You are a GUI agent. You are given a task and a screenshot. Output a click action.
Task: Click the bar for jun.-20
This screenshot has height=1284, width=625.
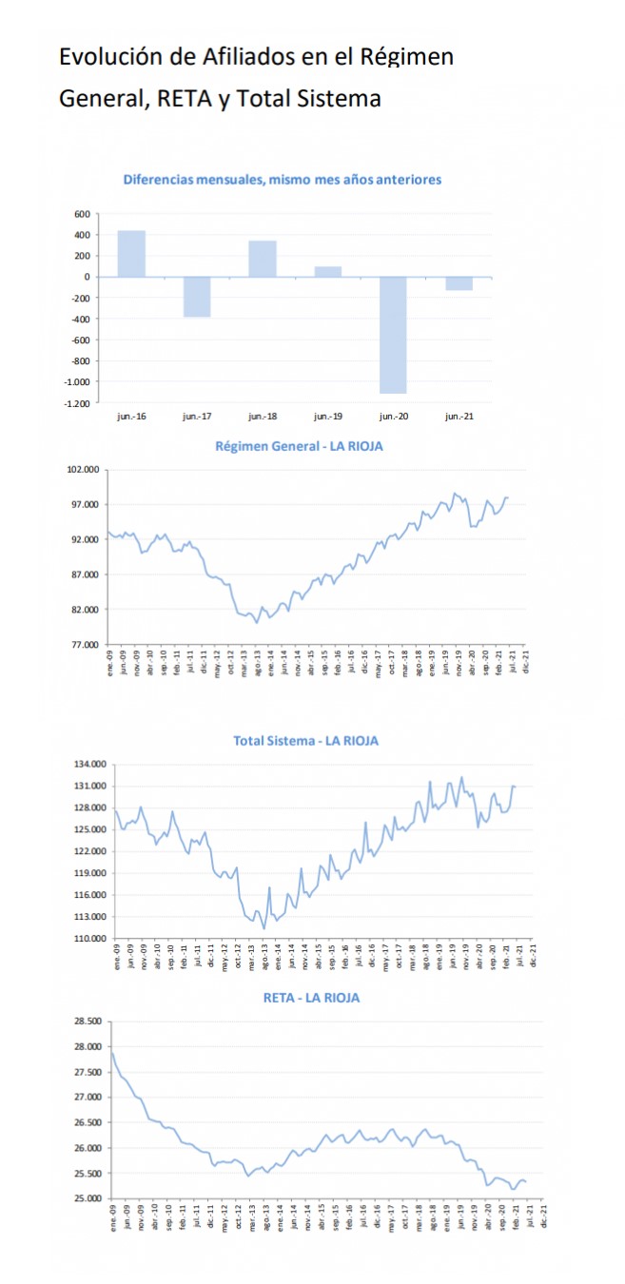(x=393, y=335)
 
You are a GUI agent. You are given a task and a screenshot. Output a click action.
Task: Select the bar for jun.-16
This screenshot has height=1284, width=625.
(x=131, y=254)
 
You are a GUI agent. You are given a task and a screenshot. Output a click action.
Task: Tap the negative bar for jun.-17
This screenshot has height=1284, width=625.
(x=197, y=297)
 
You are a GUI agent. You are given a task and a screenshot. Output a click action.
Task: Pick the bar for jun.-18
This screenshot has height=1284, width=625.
(x=263, y=259)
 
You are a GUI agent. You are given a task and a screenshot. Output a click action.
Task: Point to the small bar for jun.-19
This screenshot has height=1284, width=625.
(x=327, y=272)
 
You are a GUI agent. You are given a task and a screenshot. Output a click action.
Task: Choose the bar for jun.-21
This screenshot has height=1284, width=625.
(x=459, y=283)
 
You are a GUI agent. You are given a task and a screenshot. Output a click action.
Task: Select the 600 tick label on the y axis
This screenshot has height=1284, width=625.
(x=82, y=214)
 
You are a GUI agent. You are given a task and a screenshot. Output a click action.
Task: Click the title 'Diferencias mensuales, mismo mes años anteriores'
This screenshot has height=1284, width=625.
(x=283, y=180)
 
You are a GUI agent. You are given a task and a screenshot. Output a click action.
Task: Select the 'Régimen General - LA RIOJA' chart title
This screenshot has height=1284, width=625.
(x=299, y=447)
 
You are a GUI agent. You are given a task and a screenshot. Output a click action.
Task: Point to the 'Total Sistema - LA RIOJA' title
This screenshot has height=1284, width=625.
(x=305, y=741)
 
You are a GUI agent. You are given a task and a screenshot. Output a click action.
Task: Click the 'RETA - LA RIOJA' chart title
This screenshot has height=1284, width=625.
(x=311, y=998)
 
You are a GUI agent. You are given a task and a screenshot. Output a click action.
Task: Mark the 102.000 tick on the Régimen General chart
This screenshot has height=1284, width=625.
(x=85, y=470)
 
